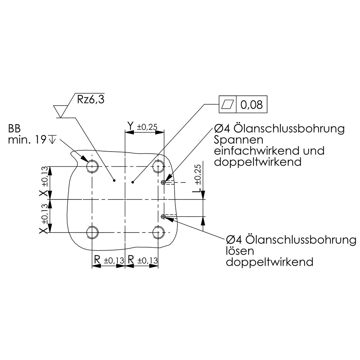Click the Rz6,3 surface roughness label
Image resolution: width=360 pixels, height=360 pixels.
[x=91, y=99]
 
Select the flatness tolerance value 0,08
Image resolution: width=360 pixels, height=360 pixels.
[x=251, y=105]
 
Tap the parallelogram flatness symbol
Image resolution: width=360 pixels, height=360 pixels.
[x=228, y=104]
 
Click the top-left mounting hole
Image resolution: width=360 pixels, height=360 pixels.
[x=92, y=166]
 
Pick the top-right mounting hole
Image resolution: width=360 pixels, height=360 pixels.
[x=158, y=166]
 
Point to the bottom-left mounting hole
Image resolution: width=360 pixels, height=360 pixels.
[x=92, y=232]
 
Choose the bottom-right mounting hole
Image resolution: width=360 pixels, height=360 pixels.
[x=158, y=232]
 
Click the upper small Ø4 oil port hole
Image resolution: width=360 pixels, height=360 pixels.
[x=163, y=183]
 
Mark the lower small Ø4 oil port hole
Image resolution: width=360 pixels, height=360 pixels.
[x=163, y=216]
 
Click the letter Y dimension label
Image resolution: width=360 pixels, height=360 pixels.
[x=130, y=126]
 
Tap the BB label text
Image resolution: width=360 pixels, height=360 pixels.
[x=14, y=129]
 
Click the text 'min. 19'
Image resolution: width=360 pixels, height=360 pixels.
[x=27, y=140]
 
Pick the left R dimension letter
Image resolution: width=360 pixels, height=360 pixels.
[x=97, y=260]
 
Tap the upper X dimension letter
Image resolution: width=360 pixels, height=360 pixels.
[x=44, y=193]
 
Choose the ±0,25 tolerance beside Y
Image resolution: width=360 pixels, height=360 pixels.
[x=147, y=127]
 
